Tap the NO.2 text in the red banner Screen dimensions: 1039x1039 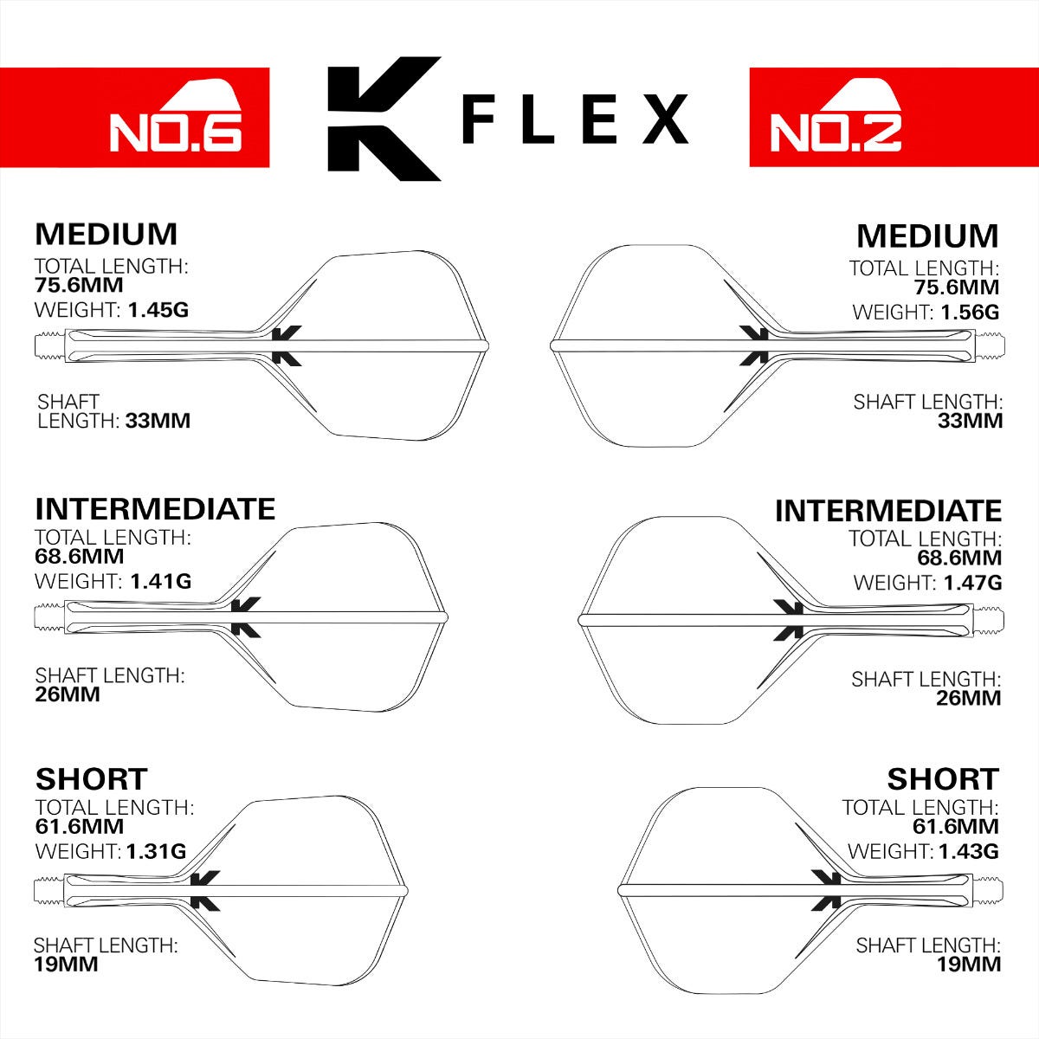coord(836,133)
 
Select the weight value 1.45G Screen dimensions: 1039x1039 coord(158,310)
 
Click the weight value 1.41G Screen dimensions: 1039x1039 coord(160,581)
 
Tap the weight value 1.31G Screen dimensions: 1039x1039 coord(156,851)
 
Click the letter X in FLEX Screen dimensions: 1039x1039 coord(665,119)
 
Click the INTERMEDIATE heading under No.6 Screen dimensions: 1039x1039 coord(155,508)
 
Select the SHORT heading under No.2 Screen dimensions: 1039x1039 coord(942,779)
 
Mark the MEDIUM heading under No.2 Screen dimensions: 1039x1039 coord(926,236)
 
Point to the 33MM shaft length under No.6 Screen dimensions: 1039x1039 coord(158,422)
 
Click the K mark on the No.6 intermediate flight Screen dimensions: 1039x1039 coord(245,617)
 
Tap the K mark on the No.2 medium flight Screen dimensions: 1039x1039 coord(754,345)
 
